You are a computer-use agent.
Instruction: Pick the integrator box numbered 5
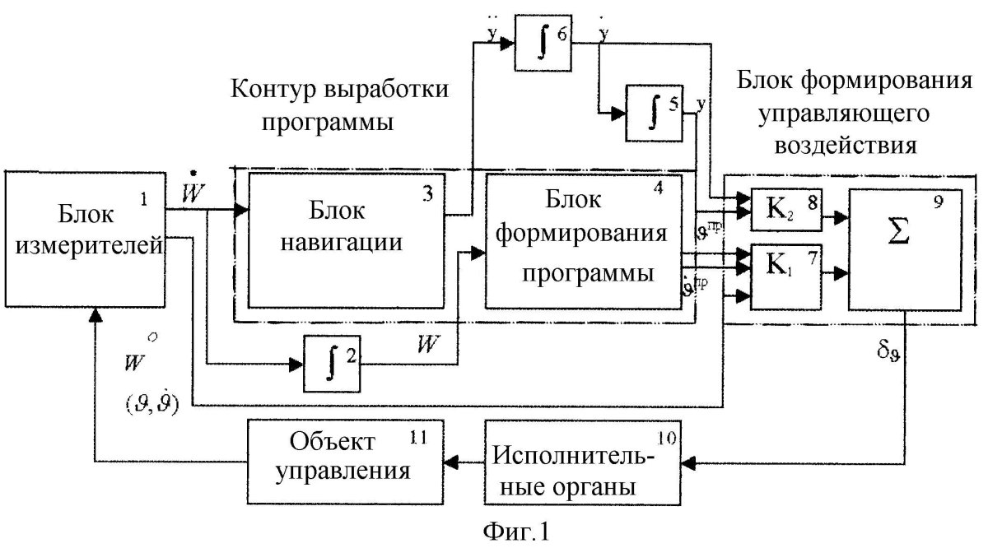point(655,111)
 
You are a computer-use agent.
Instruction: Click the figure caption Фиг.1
point(505,530)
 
